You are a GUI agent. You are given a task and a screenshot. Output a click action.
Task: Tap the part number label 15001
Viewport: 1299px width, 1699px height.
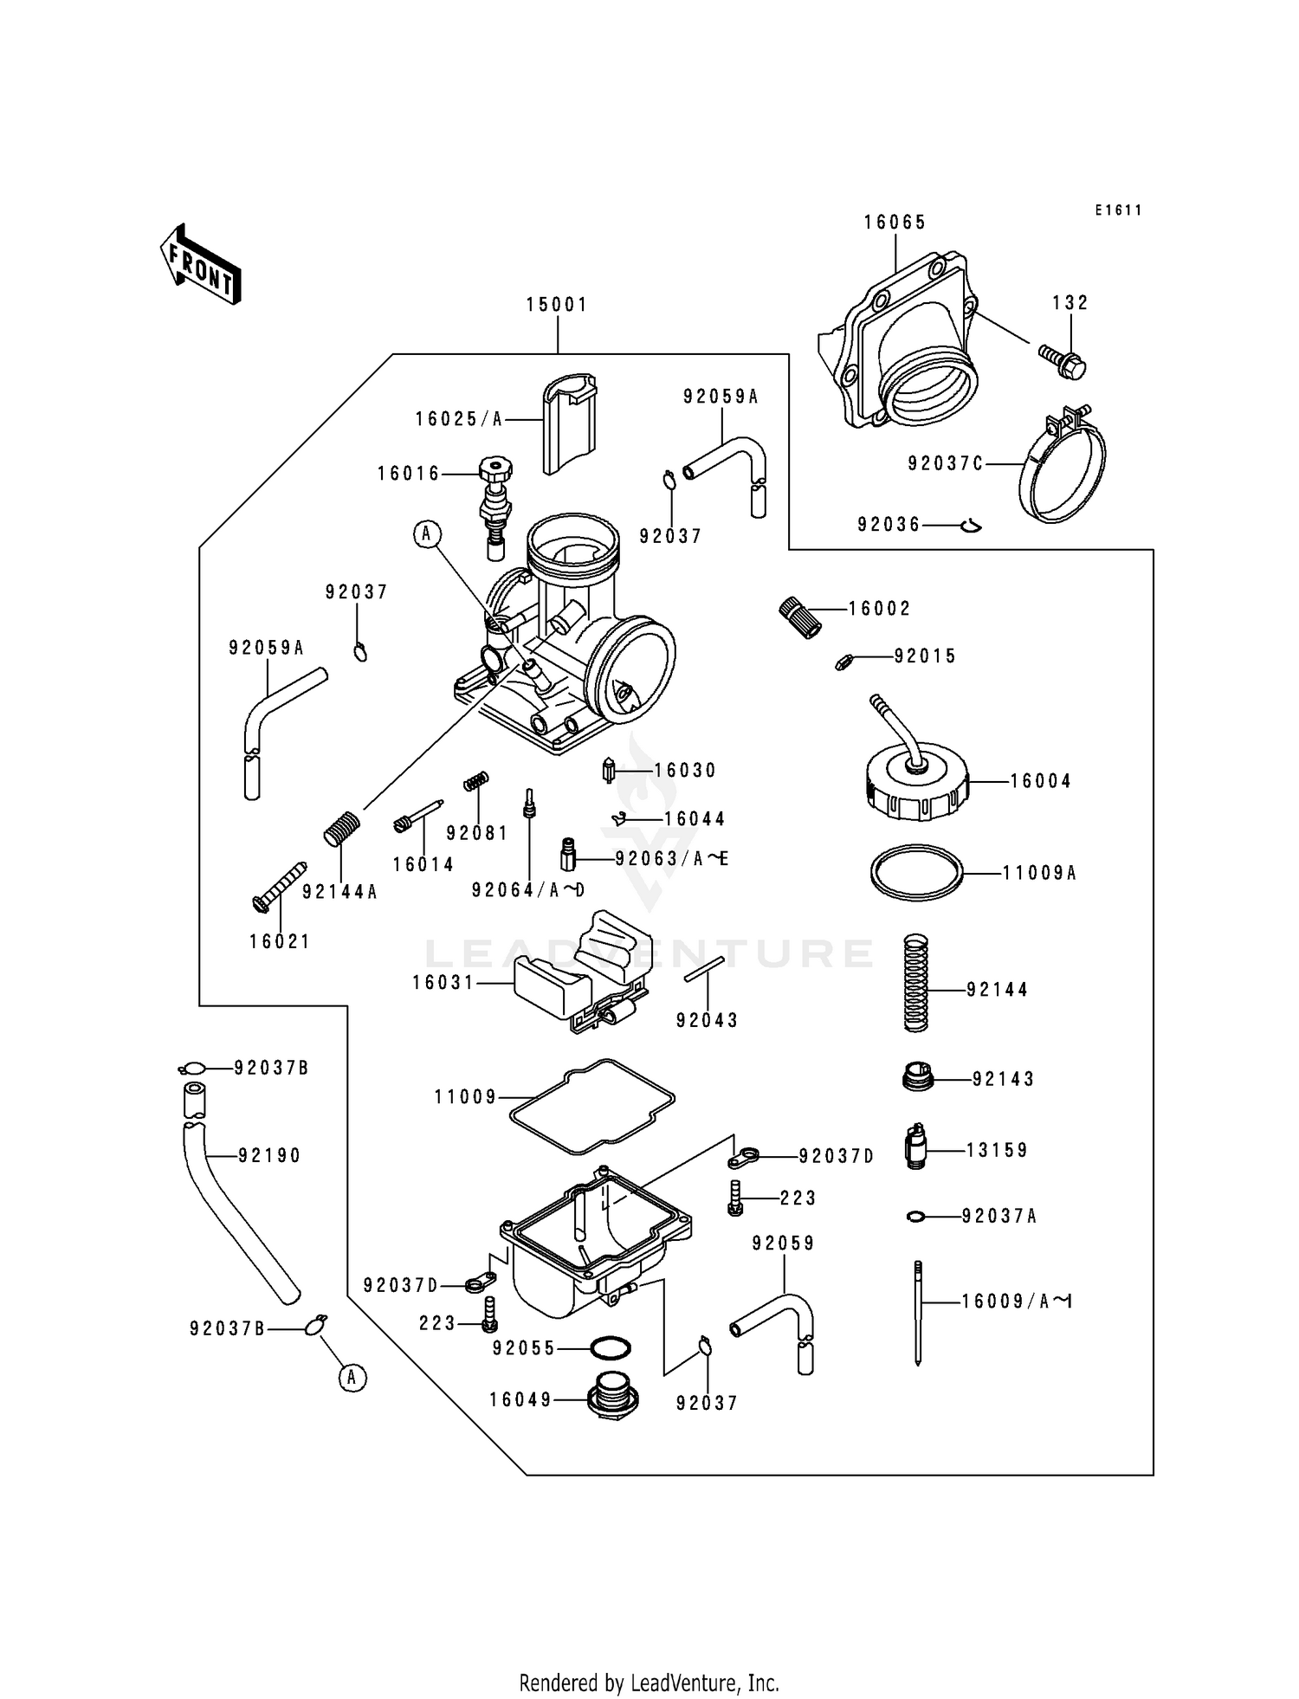point(557,305)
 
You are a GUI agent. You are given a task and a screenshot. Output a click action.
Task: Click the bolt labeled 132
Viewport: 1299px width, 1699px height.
point(1063,360)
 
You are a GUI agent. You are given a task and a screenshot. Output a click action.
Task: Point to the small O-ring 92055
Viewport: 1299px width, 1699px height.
point(610,1348)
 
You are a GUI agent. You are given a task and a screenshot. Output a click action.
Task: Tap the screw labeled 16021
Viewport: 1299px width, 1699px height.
point(279,886)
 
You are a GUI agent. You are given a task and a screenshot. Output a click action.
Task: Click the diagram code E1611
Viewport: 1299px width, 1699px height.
point(1118,210)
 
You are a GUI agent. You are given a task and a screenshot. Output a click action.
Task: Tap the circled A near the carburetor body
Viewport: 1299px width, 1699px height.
point(425,534)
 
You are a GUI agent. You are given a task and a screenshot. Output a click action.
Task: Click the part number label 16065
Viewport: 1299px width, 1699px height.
point(895,223)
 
